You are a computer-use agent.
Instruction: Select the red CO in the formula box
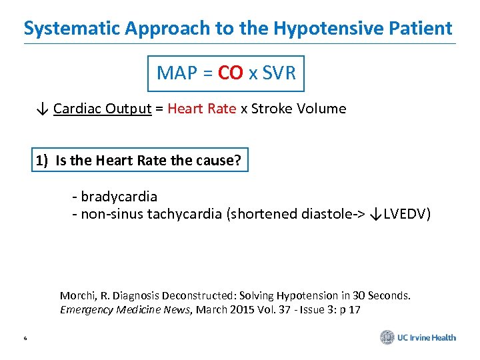coord(230,73)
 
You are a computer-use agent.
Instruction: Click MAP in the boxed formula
coord(175,73)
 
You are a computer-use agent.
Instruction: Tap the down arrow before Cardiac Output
coord(42,109)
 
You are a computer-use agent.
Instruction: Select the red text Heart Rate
coord(201,109)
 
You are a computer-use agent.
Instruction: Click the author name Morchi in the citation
coord(78,295)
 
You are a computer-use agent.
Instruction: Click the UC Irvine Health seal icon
coord(387,337)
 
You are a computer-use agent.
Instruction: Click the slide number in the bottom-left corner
coord(25,339)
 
